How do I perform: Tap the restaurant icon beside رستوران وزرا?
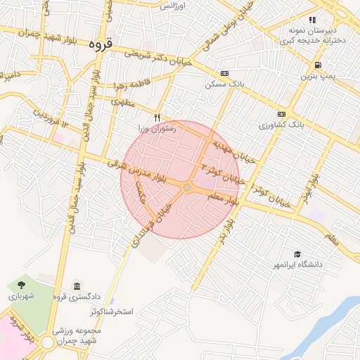[x=157, y=117]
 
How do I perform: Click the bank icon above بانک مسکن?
[x=224, y=73]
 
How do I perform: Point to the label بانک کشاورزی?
[x=281, y=124]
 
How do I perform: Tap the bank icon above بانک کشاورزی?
[x=281, y=114]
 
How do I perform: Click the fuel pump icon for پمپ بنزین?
[x=319, y=65]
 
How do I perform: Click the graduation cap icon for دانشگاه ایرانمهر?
[x=298, y=254]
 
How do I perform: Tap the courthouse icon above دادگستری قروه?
[x=76, y=285]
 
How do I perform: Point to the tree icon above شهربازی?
[x=21, y=285]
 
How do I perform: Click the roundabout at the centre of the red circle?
[x=187, y=187]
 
